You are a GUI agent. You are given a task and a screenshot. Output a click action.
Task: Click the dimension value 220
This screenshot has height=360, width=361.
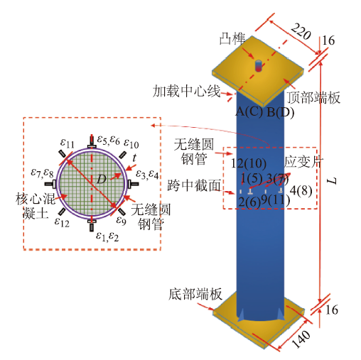(301, 32)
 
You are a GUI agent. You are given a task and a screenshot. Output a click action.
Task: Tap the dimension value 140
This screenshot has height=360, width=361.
(301, 339)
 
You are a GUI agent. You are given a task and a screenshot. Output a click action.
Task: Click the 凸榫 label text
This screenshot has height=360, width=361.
(232, 39)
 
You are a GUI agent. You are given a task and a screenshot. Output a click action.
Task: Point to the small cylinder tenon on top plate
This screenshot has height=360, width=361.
(258, 65)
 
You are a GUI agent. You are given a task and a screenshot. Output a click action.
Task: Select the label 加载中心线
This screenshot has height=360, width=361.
(186, 92)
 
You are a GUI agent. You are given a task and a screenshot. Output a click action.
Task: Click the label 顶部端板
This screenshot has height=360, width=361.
(313, 97)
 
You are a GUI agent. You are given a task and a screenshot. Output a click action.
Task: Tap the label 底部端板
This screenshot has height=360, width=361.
(195, 294)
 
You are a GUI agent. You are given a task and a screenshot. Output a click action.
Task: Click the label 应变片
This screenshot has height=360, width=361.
(303, 162)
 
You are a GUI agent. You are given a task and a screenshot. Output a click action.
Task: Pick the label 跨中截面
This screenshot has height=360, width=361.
(194, 185)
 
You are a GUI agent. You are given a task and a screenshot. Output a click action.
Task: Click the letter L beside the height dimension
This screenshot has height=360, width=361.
(332, 181)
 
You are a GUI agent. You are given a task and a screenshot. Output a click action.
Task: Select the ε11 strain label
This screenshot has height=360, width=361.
(68, 143)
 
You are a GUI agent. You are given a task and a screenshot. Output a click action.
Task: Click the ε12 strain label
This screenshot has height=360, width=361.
(62, 222)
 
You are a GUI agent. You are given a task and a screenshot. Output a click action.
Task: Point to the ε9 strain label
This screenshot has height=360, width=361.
(121, 220)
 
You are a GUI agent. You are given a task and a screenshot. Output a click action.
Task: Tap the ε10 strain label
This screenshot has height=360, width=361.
(131, 143)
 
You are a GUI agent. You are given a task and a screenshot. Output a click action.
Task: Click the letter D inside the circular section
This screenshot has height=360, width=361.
(102, 179)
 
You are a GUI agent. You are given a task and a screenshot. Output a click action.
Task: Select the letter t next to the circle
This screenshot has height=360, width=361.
(134, 158)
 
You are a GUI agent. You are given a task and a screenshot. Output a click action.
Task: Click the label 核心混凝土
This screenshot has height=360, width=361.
(36, 206)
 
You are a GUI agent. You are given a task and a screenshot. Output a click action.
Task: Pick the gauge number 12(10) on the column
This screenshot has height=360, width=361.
(249, 163)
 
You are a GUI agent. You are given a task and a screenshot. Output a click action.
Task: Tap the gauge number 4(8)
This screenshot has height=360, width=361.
(301, 190)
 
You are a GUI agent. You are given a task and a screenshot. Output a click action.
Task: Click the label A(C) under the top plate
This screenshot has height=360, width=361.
(249, 111)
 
